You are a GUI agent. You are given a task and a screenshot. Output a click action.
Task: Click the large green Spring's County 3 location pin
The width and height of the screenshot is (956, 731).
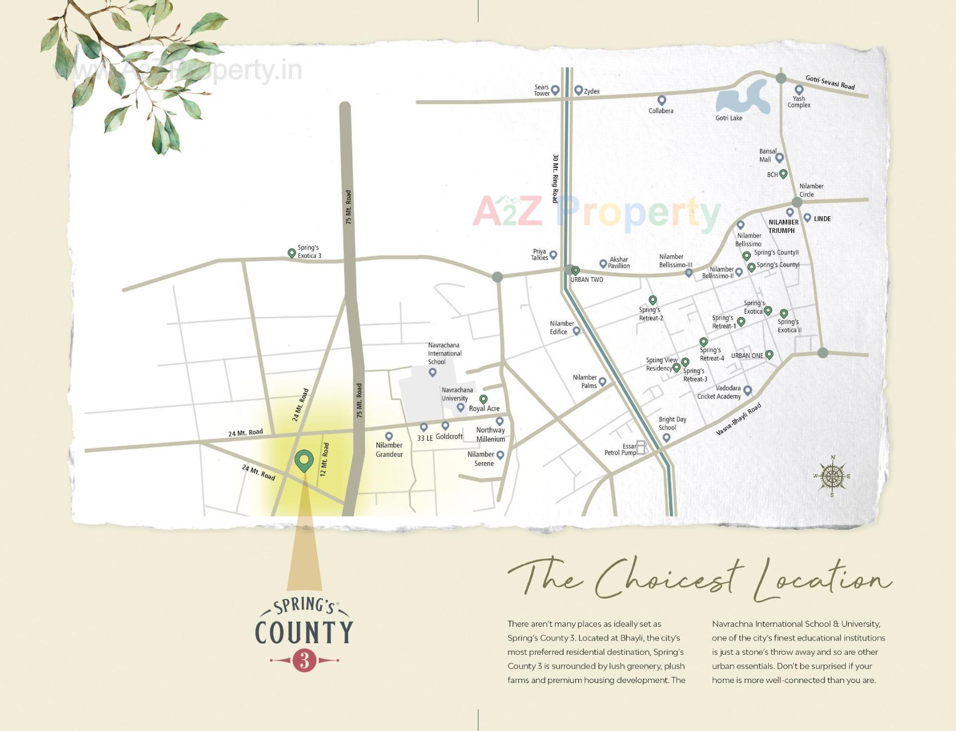point(304,460)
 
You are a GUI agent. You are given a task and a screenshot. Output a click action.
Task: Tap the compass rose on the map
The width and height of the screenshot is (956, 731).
point(832,477)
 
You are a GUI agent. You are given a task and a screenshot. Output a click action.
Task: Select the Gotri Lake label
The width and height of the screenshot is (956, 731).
point(728,118)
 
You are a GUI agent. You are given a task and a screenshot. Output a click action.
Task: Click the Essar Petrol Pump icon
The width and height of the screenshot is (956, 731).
point(642,448)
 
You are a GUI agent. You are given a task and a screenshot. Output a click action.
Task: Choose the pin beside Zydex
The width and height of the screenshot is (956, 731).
point(578,90)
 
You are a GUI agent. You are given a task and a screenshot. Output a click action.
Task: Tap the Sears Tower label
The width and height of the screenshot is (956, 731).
point(541,90)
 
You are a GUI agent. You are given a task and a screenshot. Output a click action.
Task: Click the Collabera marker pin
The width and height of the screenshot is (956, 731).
point(662,100)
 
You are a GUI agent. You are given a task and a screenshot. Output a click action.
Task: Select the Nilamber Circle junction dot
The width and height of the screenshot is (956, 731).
point(797,202)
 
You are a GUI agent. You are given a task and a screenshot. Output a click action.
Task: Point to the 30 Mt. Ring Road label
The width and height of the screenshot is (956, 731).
point(555,178)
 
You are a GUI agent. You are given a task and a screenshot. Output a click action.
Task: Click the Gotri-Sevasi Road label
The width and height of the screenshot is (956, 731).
point(830,82)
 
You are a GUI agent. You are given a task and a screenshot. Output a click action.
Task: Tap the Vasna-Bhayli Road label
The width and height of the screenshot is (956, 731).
point(738,420)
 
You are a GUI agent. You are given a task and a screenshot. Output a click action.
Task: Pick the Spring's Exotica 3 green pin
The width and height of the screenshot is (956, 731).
point(292,253)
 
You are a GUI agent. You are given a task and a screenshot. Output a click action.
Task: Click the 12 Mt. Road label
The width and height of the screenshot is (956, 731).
point(325,460)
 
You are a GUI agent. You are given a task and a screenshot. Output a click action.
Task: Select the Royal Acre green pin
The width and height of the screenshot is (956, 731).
point(483,399)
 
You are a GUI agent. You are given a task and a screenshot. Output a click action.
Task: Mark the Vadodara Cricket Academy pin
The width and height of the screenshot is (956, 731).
point(747,390)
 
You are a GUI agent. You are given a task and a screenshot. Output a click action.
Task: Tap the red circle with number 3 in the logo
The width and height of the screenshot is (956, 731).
point(305,660)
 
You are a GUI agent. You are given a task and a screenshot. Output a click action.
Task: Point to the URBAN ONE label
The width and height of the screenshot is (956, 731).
point(747,356)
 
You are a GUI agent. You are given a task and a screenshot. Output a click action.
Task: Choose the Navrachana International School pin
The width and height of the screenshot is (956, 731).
point(432,372)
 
